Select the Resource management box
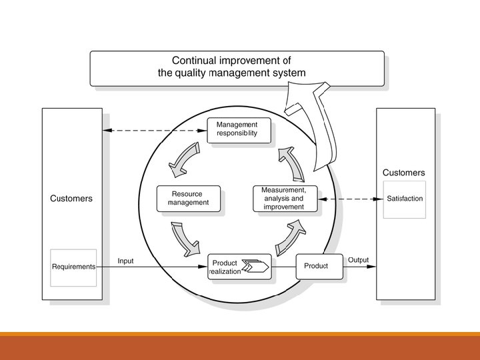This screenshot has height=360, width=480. [188, 199]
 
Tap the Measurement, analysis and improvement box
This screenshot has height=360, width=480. [283, 199]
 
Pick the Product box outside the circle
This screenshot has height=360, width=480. [316, 266]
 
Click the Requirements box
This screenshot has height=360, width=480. [73, 267]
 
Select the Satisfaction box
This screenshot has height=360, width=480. [405, 199]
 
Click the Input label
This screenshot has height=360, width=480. [125, 261]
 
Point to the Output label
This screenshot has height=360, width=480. [358, 259]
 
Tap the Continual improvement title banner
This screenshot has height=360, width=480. [237, 68]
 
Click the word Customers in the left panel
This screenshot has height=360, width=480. [71, 199]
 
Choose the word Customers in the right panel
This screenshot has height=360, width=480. [403, 173]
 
